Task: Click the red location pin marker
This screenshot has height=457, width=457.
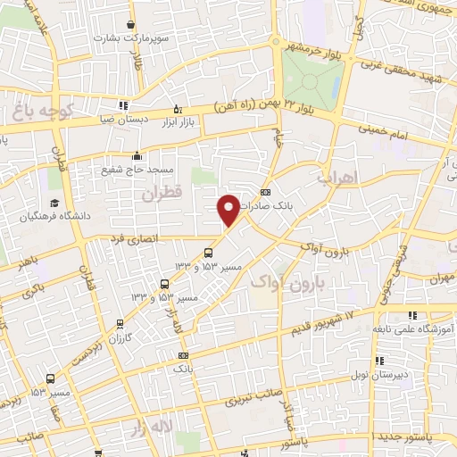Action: pyautogui.click(x=229, y=209)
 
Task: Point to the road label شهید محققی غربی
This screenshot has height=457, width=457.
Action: pyautogui.click(x=403, y=68)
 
